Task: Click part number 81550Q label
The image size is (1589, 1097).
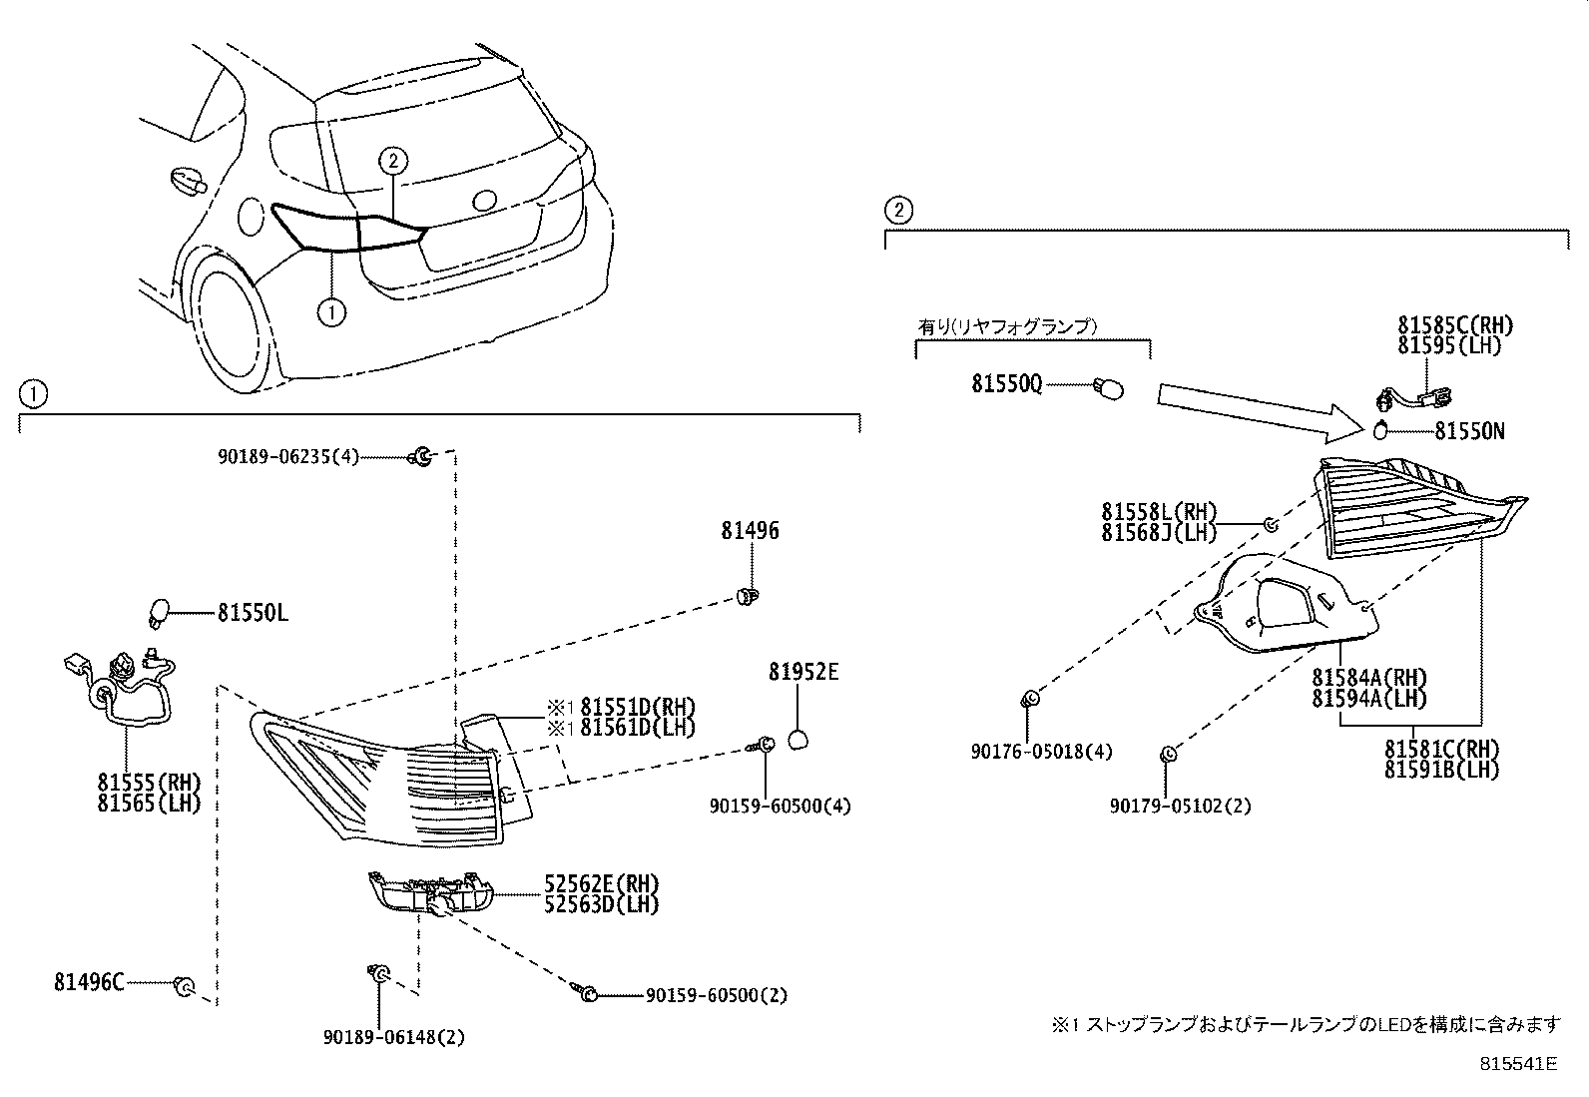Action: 1006,384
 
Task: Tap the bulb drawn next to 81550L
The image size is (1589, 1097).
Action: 159,611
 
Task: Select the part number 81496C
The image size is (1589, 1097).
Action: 89,983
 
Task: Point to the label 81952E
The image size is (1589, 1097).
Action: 803,673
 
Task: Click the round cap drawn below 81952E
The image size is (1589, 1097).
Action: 799,740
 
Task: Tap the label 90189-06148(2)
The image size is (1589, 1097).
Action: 394,1037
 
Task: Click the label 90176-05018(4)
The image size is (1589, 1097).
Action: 1041,752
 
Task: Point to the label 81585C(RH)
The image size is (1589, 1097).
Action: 1455,325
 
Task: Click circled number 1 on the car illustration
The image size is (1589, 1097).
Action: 331,312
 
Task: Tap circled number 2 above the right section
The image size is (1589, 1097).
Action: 898,210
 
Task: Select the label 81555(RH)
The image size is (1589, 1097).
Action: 149,782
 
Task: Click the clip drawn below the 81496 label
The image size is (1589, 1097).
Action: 748,597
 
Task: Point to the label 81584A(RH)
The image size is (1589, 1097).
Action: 1369,680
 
